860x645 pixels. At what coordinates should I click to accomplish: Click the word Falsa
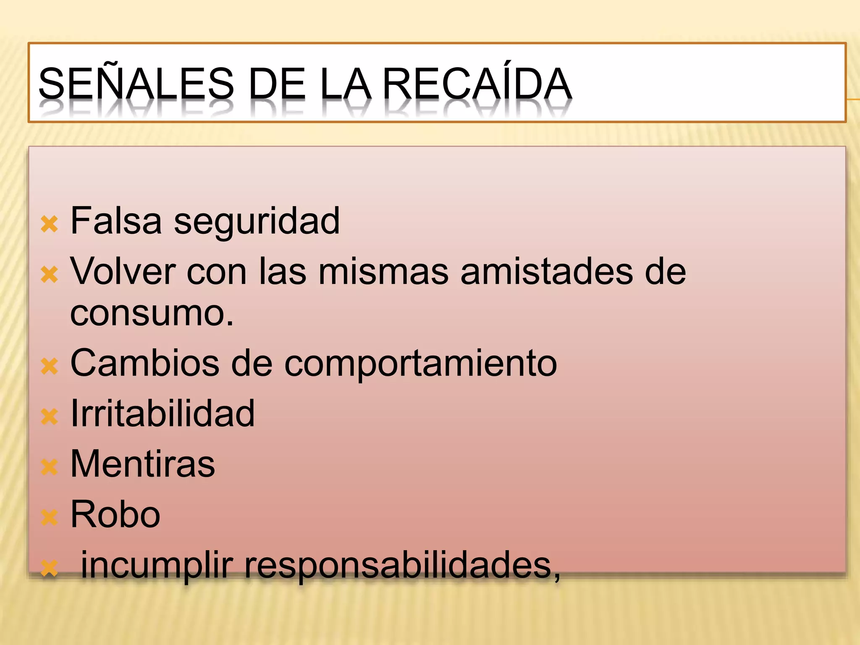pos(116,221)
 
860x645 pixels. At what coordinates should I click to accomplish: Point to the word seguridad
pos(257,222)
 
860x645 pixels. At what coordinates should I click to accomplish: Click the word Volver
pos(123,271)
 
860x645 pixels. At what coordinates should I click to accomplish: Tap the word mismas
pos(383,271)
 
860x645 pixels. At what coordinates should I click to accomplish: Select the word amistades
pos(547,271)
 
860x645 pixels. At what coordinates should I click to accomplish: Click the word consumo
pos(151,313)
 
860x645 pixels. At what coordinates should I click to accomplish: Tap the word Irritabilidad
pos(163,414)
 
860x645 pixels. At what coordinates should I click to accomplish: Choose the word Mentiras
pos(142,464)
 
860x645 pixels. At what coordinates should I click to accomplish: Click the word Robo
pos(115,514)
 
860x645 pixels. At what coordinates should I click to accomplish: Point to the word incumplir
pos(157,566)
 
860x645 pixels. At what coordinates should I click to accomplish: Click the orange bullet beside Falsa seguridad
pos(49,224)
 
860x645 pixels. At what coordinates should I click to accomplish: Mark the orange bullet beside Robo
pos(49,518)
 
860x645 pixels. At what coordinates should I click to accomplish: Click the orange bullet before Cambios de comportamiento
pos(49,366)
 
